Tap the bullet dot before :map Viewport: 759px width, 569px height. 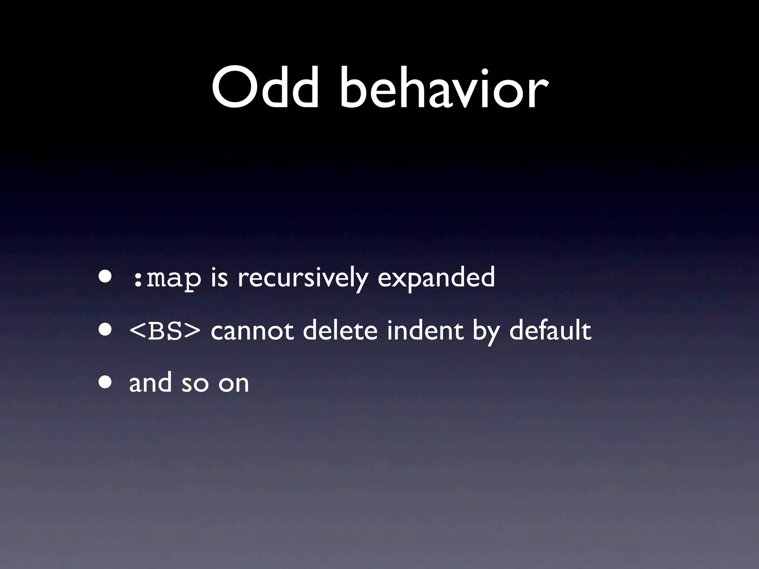point(105,277)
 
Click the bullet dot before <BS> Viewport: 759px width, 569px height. point(105,330)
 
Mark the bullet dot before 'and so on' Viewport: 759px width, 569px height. point(105,382)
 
